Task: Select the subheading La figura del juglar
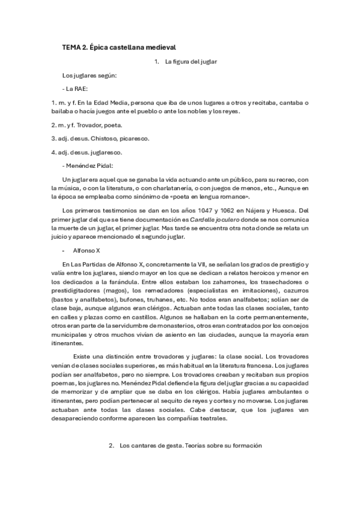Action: tap(191, 62)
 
